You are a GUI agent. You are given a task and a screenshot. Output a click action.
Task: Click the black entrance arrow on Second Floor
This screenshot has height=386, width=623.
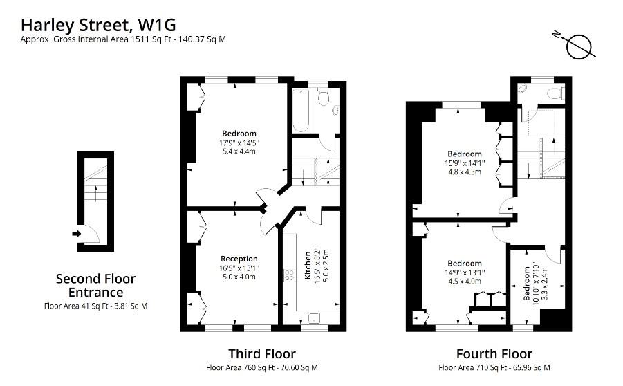click(77, 233)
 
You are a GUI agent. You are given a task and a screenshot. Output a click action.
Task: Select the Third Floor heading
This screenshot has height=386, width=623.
click(261, 354)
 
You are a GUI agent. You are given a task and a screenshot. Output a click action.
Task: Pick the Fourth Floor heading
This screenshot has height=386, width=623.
click(494, 354)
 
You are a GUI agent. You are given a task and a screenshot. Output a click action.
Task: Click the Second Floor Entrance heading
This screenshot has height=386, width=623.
click(95, 286)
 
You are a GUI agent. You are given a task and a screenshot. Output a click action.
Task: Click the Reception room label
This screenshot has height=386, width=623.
click(239, 259)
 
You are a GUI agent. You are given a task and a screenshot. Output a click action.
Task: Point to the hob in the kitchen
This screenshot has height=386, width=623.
click(287, 275)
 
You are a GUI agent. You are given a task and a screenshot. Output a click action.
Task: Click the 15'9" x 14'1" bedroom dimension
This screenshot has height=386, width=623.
click(464, 163)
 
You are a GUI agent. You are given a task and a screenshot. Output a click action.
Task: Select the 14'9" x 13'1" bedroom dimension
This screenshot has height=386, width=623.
click(464, 273)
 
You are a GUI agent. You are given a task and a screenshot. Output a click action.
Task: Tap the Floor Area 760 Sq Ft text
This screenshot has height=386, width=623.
click(261, 368)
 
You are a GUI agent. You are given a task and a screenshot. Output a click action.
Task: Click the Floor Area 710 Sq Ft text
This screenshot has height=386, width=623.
click(494, 368)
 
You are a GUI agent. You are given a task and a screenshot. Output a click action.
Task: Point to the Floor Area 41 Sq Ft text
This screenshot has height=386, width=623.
click(95, 305)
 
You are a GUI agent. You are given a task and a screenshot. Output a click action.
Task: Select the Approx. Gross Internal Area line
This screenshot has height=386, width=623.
click(123, 39)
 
